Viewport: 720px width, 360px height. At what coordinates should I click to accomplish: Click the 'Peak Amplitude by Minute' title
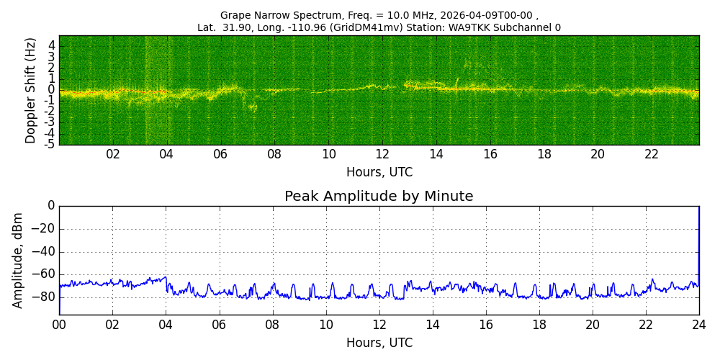379,197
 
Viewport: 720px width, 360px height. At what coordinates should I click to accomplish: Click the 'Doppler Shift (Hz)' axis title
31,90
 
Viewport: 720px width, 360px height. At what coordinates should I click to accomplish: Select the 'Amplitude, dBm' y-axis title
18,260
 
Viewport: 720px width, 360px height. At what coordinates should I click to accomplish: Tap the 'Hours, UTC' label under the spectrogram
379,173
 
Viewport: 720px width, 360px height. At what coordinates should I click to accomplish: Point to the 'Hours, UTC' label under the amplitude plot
379,343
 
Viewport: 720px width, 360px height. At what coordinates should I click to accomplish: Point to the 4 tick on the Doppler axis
52,45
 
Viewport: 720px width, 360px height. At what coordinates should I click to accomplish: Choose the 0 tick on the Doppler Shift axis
52,90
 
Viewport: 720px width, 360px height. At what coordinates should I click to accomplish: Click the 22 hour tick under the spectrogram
652,154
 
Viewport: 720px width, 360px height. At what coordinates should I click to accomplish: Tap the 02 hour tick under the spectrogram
113,154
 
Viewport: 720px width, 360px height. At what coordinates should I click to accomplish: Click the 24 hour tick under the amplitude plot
698,325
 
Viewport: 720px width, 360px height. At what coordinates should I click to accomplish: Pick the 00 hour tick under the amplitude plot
59,325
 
